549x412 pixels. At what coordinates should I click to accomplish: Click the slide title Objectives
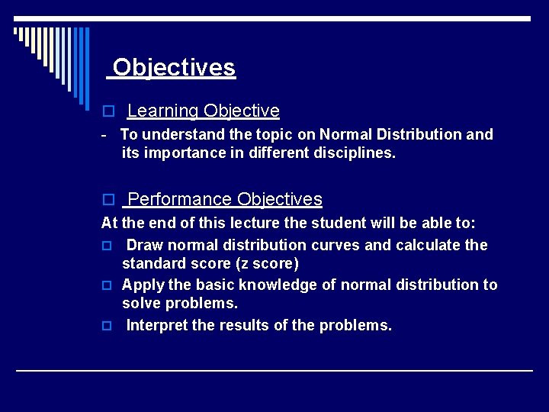(174, 68)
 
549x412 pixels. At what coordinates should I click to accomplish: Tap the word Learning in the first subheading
(162, 111)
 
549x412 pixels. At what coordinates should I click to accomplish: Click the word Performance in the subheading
(180, 200)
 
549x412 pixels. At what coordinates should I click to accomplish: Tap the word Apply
(142, 285)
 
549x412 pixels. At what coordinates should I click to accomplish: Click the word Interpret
(157, 326)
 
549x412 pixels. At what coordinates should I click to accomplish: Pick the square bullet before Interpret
(108, 326)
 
